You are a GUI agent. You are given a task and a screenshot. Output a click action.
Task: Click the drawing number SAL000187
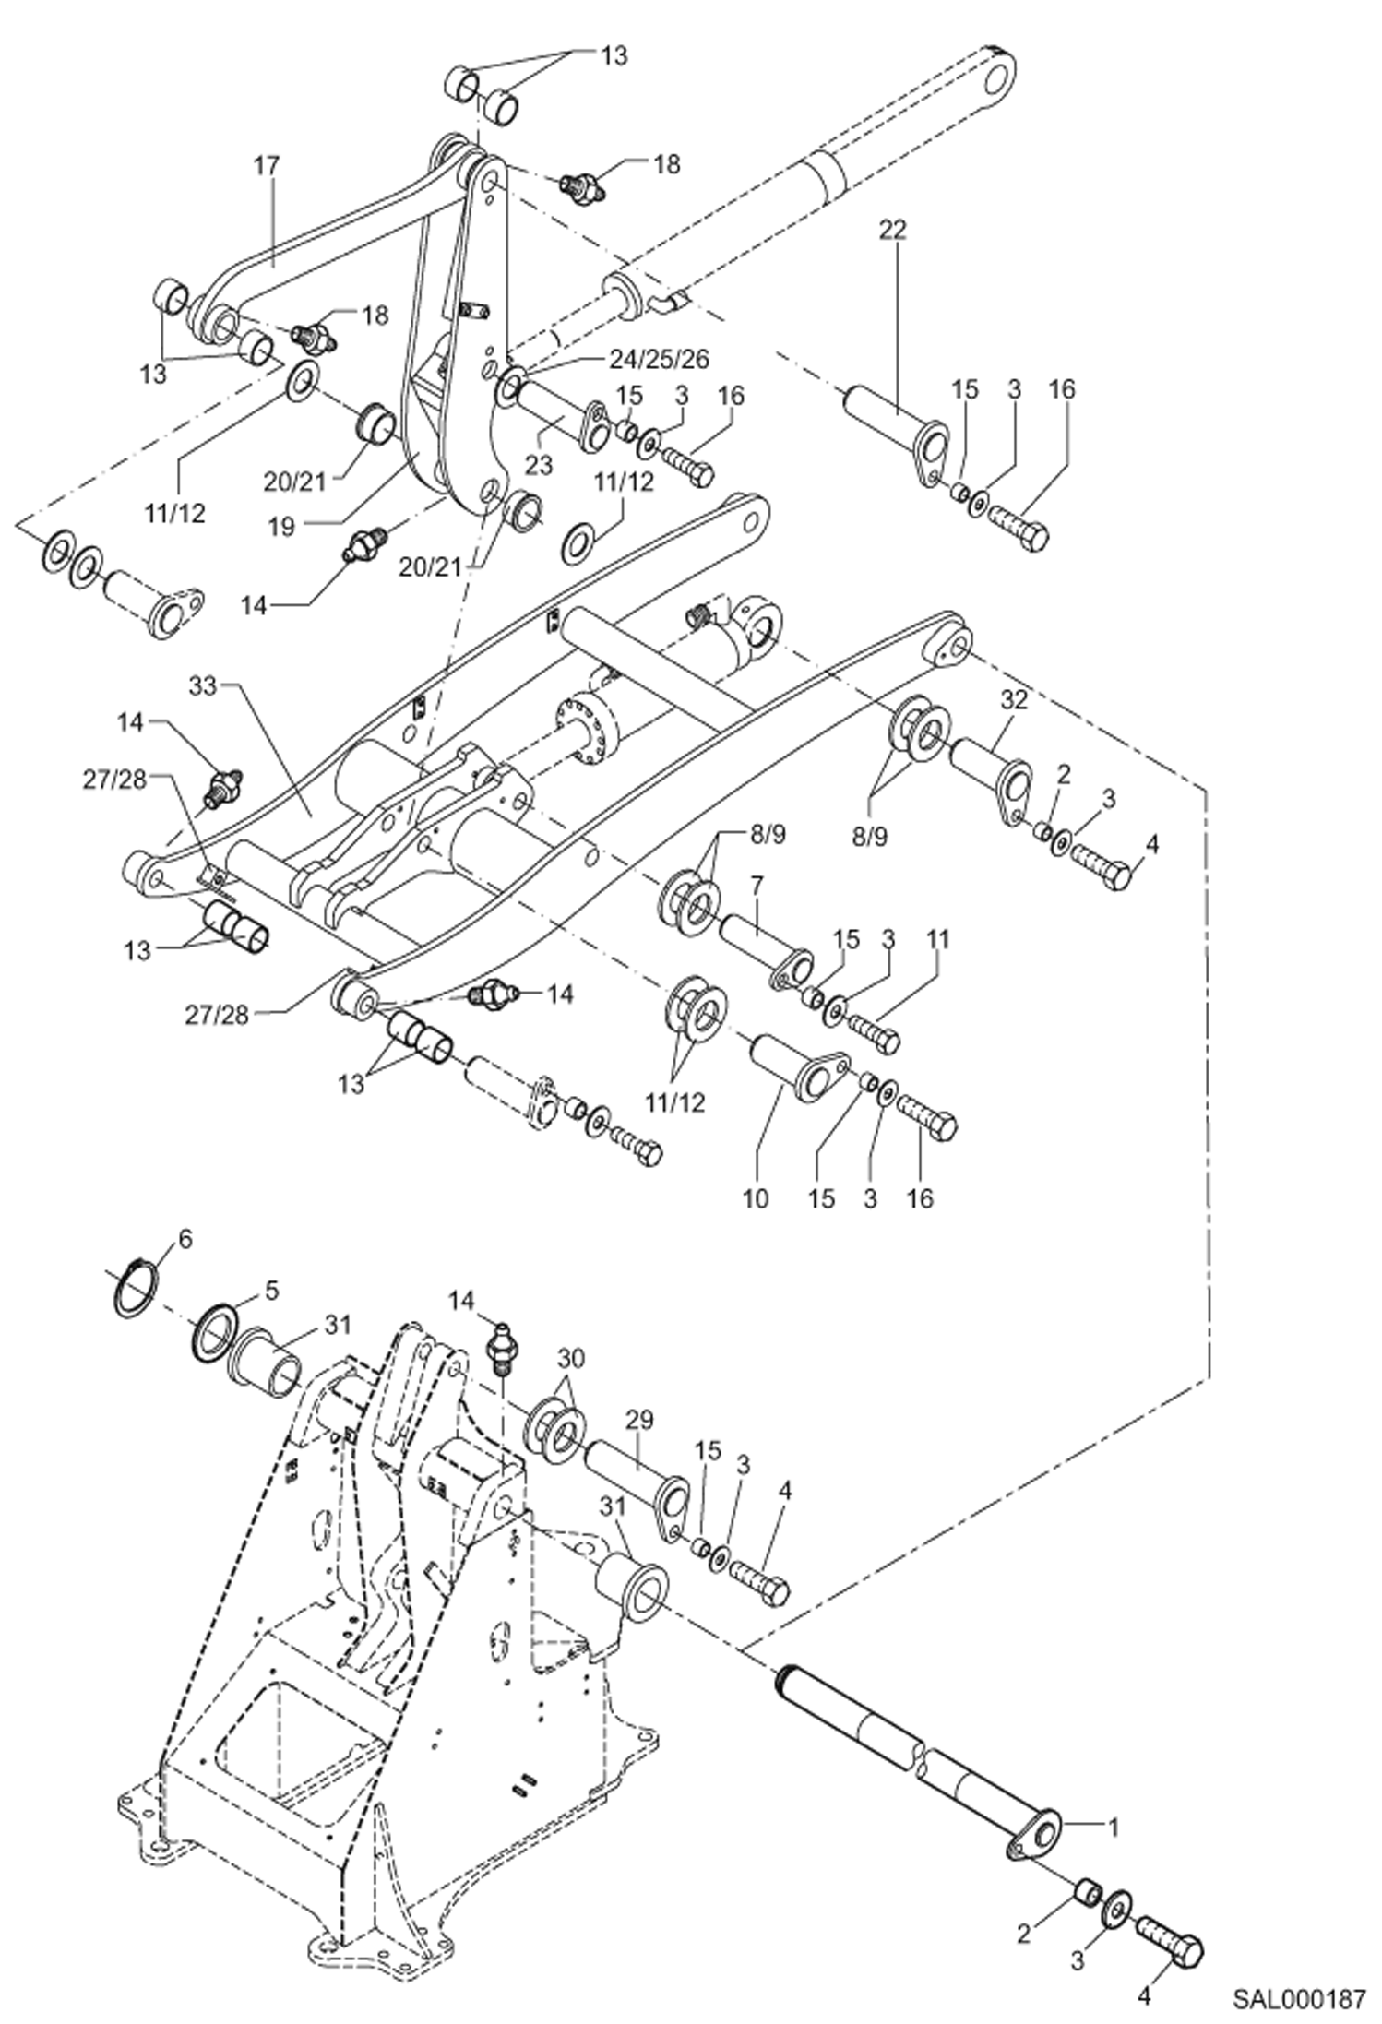tap(1298, 2000)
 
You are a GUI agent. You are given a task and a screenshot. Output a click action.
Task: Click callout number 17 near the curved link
tap(267, 166)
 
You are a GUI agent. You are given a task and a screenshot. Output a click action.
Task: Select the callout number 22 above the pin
tap(892, 229)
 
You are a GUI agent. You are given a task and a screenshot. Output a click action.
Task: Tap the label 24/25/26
tap(659, 360)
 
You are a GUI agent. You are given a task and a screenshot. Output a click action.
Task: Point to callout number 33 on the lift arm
tap(203, 686)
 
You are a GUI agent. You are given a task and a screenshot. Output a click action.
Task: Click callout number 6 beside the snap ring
tap(185, 1240)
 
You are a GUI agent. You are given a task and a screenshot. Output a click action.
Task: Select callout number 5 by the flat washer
tap(270, 1290)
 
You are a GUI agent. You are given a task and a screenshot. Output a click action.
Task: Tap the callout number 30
tap(571, 1359)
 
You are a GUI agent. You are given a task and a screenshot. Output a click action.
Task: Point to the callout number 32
tap(1013, 700)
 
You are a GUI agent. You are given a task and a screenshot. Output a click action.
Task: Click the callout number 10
tap(755, 1197)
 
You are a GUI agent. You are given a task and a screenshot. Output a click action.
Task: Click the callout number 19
tap(282, 526)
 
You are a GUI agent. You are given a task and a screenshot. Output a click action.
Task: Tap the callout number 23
tap(539, 464)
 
